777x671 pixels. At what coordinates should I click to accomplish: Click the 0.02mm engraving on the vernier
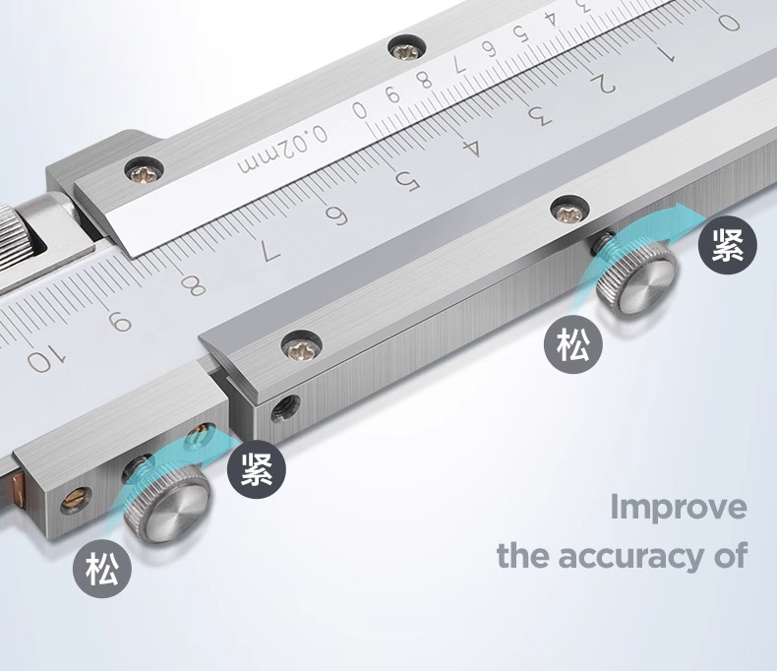(x=283, y=150)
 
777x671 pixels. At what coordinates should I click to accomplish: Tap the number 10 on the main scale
(x=45, y=359)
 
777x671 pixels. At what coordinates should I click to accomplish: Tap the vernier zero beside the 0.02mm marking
(x=360, y=110)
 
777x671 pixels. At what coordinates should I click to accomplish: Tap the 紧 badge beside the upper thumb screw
(x=728, y=245)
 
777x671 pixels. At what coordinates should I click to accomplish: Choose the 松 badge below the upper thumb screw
(x=572, y=345)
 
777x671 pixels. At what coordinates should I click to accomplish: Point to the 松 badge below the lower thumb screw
(x=102, y=568)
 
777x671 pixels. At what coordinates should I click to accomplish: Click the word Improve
(x=679, y=508)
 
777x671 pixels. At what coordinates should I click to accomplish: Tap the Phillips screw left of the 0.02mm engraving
(x=145, y=170)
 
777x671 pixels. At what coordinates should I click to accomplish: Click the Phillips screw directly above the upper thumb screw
(x=570, y=212)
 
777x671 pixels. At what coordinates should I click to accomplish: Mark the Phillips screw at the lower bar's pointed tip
(x=302, y=345)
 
